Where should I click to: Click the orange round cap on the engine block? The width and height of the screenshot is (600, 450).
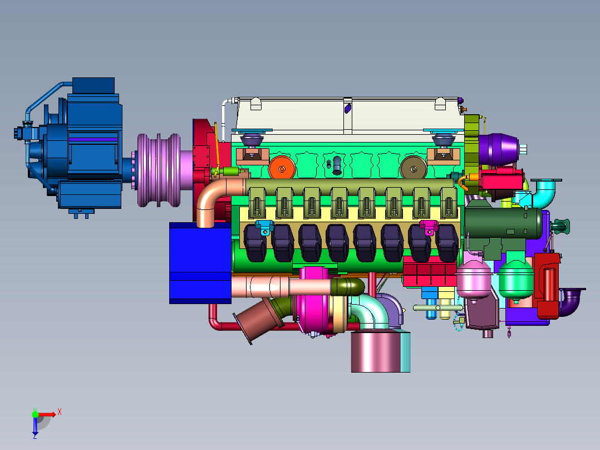[x=282, y=168]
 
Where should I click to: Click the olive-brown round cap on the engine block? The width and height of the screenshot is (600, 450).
[x=413, y=168]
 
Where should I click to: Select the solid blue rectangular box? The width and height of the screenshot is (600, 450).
[x=200, y=263]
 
